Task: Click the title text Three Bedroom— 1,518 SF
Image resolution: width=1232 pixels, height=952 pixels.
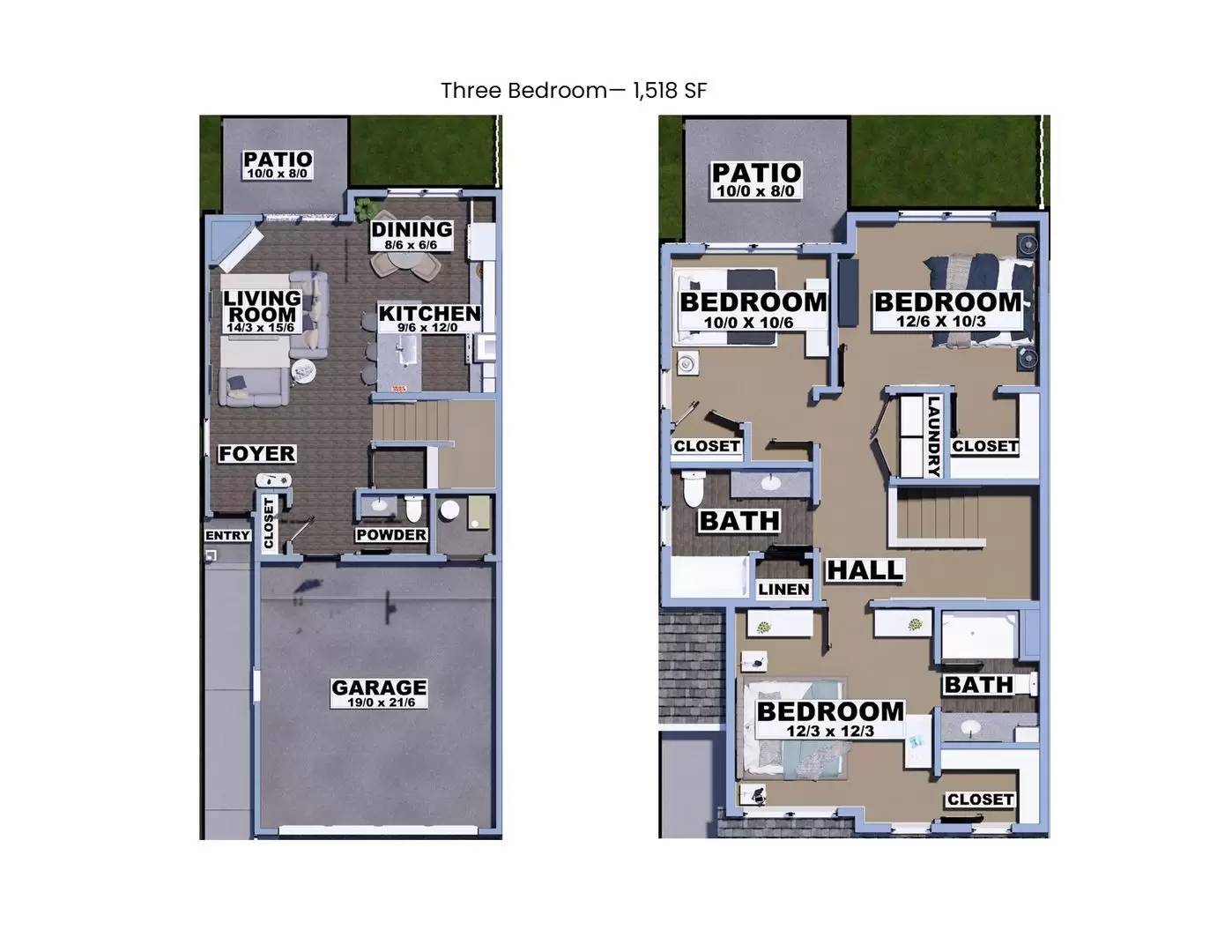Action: click(x=574, y=91)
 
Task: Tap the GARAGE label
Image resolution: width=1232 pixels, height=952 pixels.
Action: click(x=379, y=687)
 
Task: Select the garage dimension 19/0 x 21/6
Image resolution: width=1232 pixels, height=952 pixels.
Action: click(x=380, y=703)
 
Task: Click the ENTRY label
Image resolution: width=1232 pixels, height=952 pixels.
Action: click(x=227, y=535)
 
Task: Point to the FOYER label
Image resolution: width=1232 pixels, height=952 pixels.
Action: click(x=256, y=453)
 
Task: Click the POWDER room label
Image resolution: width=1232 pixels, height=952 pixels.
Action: click(x=391, y=535)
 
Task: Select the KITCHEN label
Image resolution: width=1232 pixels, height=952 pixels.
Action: click(x=429, y=313)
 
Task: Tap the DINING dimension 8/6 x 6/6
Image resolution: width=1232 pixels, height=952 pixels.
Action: click(x=411, y=244)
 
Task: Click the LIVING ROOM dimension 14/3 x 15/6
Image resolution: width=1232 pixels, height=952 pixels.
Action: click(x=260, y=327)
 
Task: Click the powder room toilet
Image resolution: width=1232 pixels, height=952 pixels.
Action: click(x=413, y=509)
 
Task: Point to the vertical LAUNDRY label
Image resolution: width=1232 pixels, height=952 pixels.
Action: click(x=934, y=435)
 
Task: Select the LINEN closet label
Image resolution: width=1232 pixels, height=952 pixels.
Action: click(x=783, y=589)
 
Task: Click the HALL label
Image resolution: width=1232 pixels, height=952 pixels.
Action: click(x=865, y=570)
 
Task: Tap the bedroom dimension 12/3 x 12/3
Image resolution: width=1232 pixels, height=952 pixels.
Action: click(x=830, y=731)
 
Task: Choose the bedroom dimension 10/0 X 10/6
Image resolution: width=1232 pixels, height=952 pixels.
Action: click(x=748, y=322)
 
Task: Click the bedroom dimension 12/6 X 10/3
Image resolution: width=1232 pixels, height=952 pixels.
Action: click(x=941, y=321)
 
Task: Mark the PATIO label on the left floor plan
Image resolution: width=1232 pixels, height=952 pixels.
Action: click(x=278, y=160)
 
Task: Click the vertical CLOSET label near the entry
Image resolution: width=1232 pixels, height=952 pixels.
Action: click(x=270, y=522)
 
